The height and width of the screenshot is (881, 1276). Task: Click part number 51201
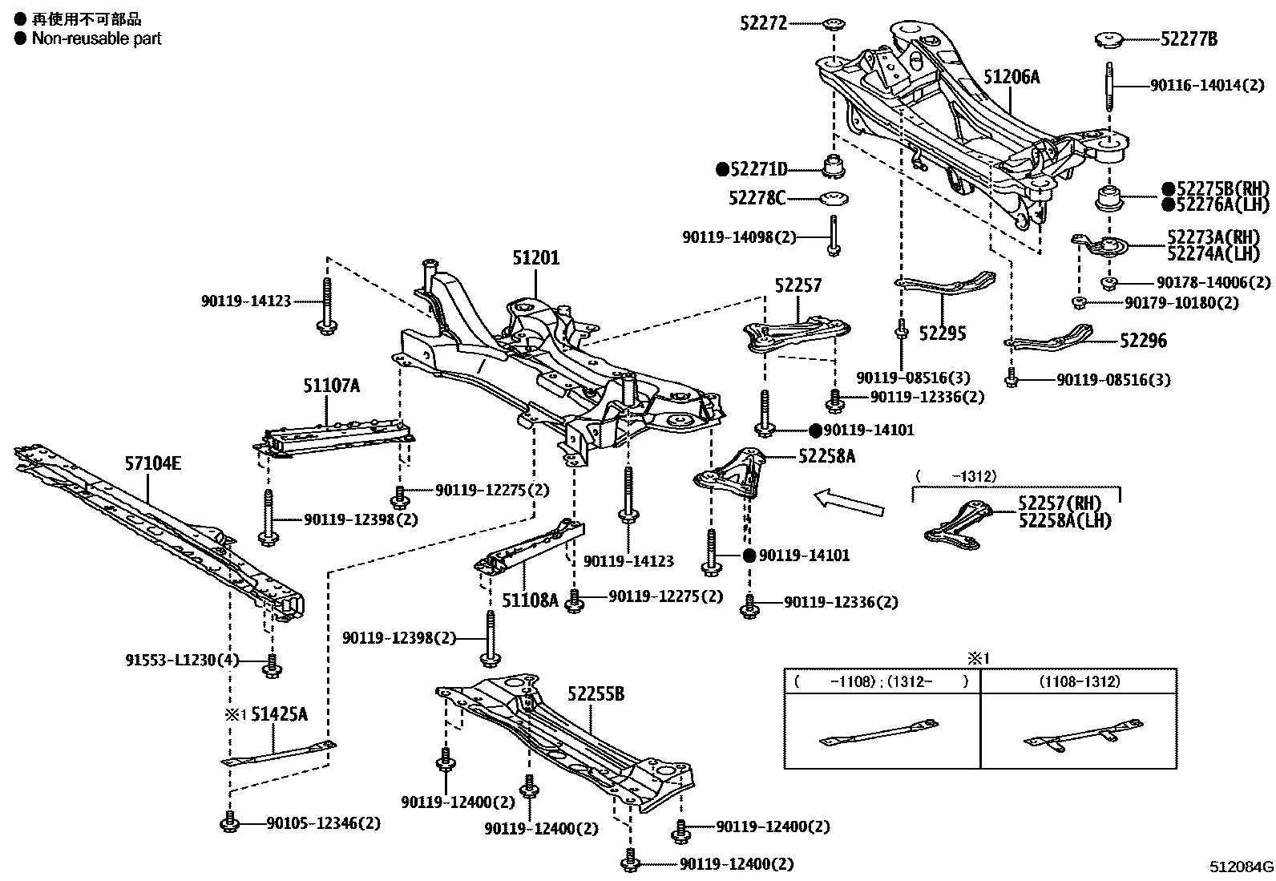click(536, 258)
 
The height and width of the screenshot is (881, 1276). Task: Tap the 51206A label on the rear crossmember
click(1011, 77)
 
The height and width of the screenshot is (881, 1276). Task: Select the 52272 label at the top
click(763, 24)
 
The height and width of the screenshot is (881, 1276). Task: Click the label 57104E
click(152, 463)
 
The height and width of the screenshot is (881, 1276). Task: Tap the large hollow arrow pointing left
click(848, 503)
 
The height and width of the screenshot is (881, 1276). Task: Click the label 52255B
click(596, 693)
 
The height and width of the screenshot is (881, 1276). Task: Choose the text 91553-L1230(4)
click(182, 661)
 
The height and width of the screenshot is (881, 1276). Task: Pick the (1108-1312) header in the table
click(1079, 681)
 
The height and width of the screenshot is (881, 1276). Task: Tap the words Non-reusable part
click(96, 38)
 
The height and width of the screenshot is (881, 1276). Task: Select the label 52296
click(1143, 341)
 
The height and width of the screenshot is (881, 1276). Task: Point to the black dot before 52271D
click(722, 169)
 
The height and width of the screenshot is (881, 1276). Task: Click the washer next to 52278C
click(834, 198)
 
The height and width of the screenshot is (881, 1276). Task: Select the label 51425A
click(279, 714)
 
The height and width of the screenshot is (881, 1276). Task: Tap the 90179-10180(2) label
click(1181, 303)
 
